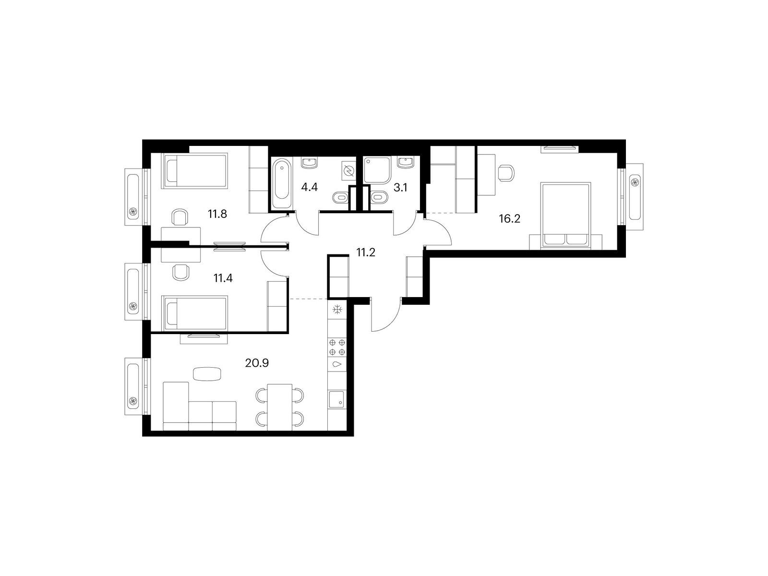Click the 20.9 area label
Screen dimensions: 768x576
[x=257, y=363]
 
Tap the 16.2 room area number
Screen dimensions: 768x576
[x=509, y=219]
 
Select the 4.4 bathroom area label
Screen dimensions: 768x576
[x=309, y=188]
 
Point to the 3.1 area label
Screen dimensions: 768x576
[x=400, y=188]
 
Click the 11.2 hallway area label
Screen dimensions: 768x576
[x=366, y=252]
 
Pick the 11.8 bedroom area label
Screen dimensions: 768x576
[x=217, y=214]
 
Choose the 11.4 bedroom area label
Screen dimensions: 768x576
[x=223, y=278]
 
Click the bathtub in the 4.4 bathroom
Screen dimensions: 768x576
[x=282, y=183]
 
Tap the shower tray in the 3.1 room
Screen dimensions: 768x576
[x=377, y=170]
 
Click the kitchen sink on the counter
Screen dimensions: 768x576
[x=336, y=399]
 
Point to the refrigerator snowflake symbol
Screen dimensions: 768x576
[x=337, y=310]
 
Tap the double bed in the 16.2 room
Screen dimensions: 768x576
[x=565, y=216]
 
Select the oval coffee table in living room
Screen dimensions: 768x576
[x=207, y=374]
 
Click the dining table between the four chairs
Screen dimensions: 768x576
[x=279, y=407]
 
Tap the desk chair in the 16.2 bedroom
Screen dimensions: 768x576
[x=506, y=173]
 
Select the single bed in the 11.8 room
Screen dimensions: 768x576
[x=194, y=171]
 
